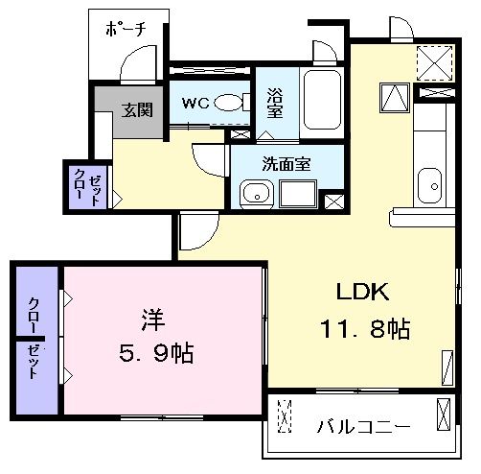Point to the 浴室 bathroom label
[x=276, y=101]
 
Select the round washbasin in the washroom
[x=254, y=194]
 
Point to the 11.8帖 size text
[x=364, y=329]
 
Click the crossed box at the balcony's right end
[x=442, y=416]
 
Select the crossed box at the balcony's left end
[x=284, y=416]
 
